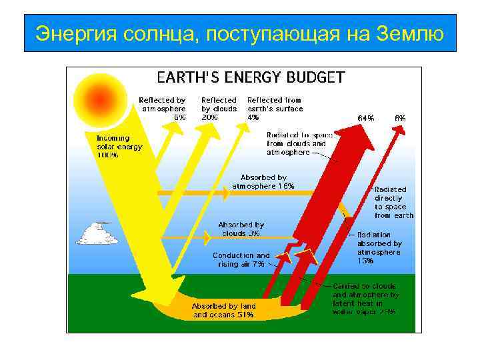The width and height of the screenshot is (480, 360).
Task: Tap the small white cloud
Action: tap(98, 233)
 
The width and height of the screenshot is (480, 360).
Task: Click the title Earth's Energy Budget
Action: tap(250, 77)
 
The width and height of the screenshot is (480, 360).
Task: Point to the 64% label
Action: tap(366, 117)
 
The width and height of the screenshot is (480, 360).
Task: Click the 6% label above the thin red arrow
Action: tap(400, 117)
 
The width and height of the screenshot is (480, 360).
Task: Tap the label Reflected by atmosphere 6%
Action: tap(162, 108)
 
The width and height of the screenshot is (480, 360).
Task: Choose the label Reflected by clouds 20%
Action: tap(219, 108)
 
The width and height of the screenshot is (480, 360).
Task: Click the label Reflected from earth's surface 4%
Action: tap(275, 108)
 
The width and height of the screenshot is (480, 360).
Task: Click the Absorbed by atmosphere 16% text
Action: tap(263, 182)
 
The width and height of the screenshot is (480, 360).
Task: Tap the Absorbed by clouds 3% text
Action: tap(241, 229)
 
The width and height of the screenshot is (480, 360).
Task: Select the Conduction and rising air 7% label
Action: tap(241, 259)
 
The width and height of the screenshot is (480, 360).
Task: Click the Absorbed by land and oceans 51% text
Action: tap(224, 310)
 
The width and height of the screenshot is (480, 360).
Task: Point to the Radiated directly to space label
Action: tap(394, 202)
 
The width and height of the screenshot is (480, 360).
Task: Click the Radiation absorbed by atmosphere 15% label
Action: tap(379, 247)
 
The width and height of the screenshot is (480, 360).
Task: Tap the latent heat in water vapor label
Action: tap(365, 298)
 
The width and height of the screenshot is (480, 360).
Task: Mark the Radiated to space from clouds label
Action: tap(296, 143)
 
